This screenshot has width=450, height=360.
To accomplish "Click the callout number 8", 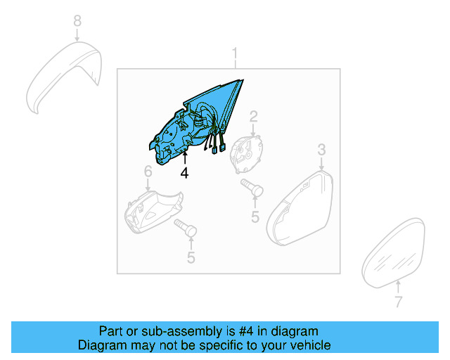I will click(x=77, y=22).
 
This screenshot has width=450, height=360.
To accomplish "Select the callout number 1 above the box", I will click(x=236, y=53).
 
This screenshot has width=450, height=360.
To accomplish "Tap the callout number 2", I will click(x=253, y=116).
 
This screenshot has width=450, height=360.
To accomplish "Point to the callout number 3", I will click(x=321, y=149).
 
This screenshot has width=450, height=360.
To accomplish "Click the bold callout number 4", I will click(x=184, y=172).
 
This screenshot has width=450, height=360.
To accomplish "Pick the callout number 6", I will click(x=148, y=172).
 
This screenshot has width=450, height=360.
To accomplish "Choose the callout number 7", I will click(x=398, y=302).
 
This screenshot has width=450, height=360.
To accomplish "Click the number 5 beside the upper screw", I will click(x=255, y=217).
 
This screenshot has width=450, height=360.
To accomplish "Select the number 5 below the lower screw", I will click(x=191, y=258).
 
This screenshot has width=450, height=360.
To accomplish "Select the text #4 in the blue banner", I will click(x=232, y=331).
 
